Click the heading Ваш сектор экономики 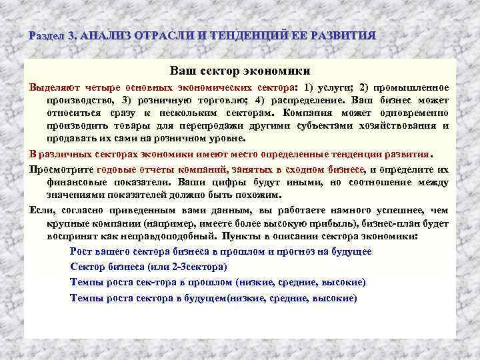click(x=240, y=70)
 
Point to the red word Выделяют click(x=52, y=87)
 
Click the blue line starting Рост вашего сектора click(x=221, y=252)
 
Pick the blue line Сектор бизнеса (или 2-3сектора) click(x=149, y=267)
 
